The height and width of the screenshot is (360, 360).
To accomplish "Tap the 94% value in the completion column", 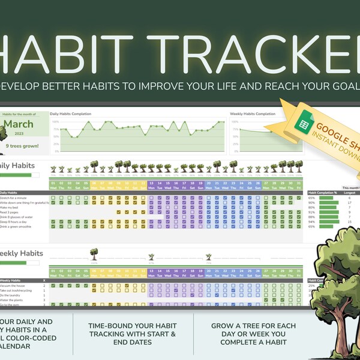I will (x=311, y=221).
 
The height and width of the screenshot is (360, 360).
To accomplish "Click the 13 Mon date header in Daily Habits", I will (x=151, y=185).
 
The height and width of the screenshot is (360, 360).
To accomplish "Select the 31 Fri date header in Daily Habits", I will (x=299, y=185).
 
